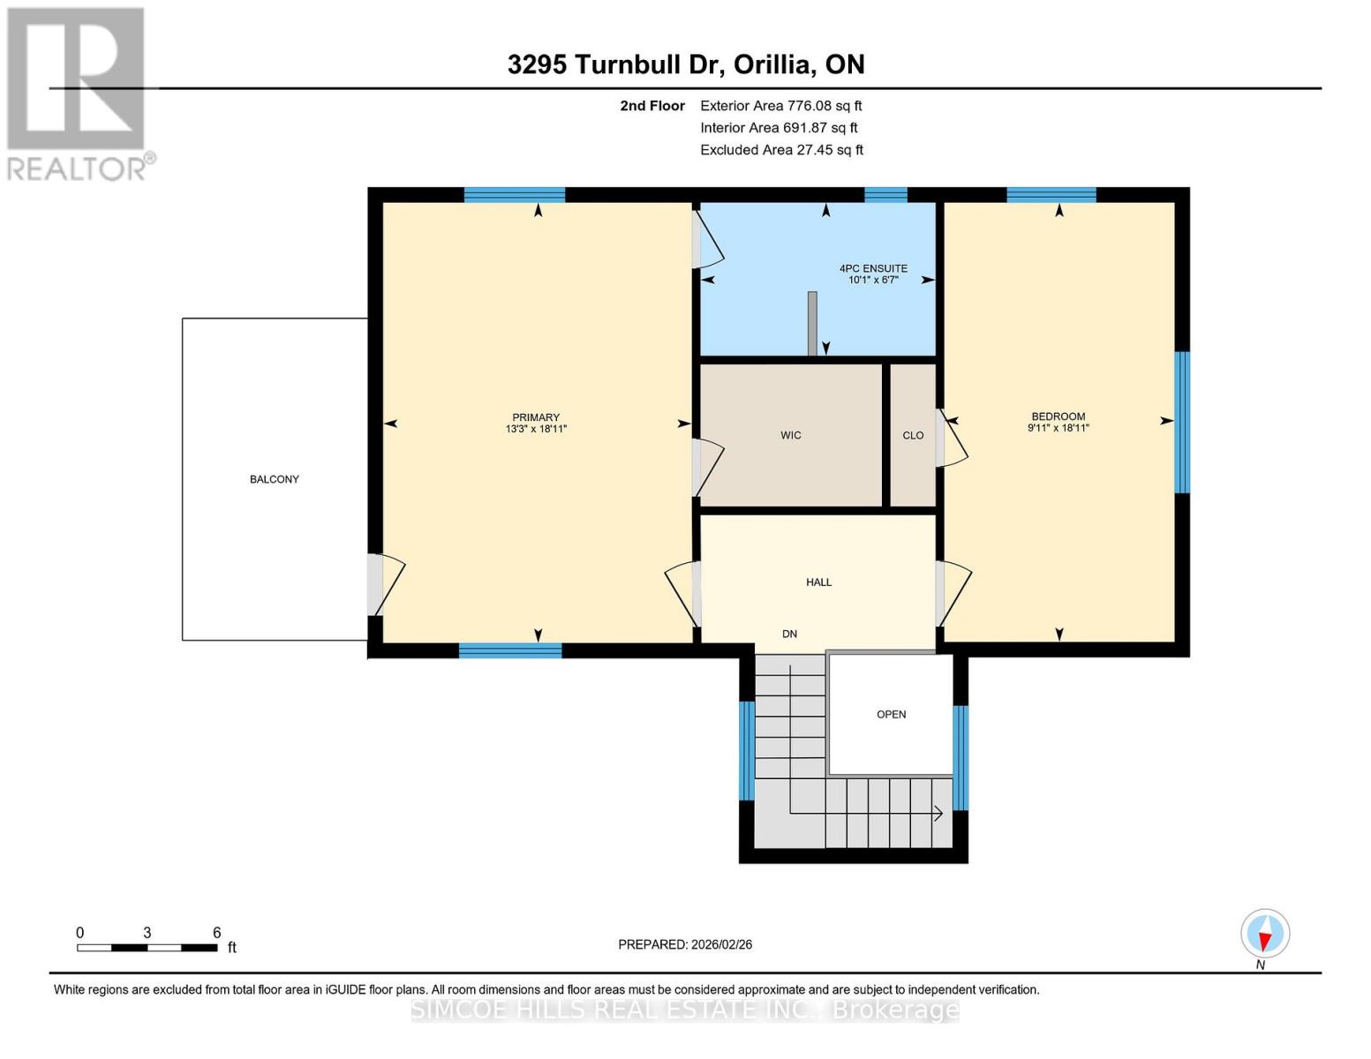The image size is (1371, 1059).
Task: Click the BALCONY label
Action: [275, 479]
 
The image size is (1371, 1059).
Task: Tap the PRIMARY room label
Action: [536, 417]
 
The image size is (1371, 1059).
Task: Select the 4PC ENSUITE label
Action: [872, 268]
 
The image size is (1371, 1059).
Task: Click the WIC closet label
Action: [791, 435]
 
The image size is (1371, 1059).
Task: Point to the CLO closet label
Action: [913, 435]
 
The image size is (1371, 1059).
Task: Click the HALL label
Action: [818, 582]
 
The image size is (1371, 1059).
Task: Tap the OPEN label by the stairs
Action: [891, 715]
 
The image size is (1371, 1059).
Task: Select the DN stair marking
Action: [789, 634]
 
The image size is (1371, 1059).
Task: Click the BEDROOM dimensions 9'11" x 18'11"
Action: [1058, 428]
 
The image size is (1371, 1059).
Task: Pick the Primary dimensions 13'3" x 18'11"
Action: [536, 429]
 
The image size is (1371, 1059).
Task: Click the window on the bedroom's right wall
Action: [1182, 422]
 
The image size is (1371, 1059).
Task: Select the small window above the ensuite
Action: [885, 195]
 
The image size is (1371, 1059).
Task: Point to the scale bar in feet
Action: [147, 948]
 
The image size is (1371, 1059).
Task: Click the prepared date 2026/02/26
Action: [685, 944]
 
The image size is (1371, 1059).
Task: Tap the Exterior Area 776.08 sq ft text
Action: [780, 106]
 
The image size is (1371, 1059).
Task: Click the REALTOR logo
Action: [77, 93]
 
